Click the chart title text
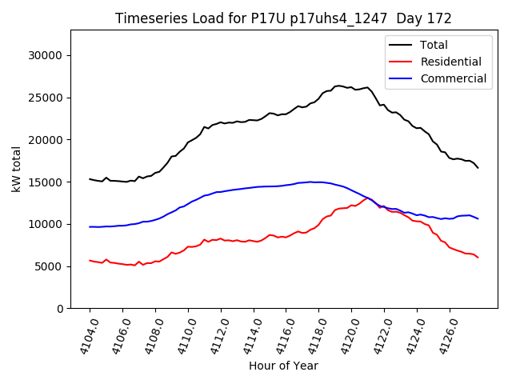click(283, 18)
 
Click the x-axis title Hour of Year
click(283, 366)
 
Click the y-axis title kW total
click(15, 170)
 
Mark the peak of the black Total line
click(338, 86)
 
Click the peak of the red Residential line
click(367, 198)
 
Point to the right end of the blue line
click(478, 218)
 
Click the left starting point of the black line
click(90, 179)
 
